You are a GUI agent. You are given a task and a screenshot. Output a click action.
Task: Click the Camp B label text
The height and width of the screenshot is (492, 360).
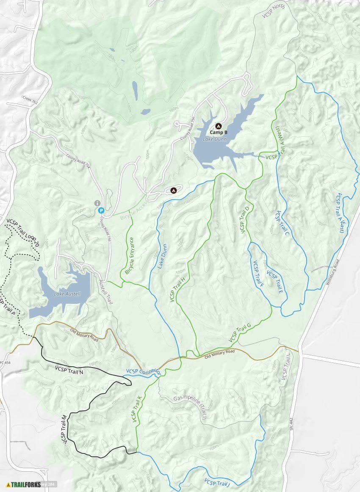pyautogui.click(x=219, y=133)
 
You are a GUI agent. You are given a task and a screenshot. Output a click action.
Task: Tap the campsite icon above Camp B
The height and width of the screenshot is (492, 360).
pyautogui.click(x=219, y=126)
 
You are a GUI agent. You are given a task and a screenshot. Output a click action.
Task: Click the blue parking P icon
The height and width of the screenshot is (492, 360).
pyautogui.click(x=101, y=210)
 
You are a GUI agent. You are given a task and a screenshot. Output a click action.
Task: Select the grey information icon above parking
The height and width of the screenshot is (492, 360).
pyautogui.click(x=97, y=203)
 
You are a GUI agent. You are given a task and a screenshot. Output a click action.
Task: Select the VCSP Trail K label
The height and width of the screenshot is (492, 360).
pyautogui.click(x=136, y=409)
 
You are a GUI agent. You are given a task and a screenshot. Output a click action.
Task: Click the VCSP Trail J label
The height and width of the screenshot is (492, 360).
pyautogui.click(x=217, y=483)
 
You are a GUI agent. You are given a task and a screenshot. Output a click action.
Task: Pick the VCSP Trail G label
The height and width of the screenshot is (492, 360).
pyautogui.click(x=240, y=332)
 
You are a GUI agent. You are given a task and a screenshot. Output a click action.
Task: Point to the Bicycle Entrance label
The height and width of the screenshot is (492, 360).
pyautogui.click(x=129, y=255)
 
